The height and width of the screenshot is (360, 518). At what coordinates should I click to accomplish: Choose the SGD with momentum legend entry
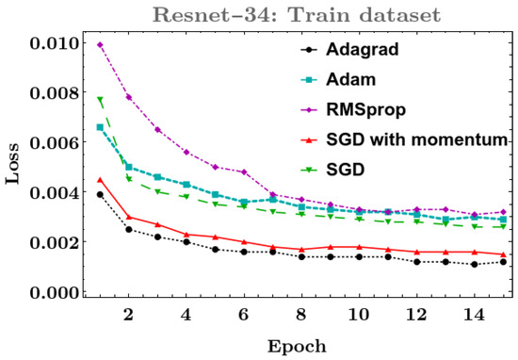click(x=414, y=140)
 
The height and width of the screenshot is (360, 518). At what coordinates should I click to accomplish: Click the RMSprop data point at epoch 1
click(x=100, y=44)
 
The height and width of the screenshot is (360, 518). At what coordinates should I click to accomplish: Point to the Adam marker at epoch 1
click(x=100, y=126)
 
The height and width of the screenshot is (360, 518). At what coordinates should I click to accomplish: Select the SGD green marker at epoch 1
click(x=100, y=100)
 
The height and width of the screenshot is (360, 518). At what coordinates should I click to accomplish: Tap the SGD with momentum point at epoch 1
click(x=100, y=180)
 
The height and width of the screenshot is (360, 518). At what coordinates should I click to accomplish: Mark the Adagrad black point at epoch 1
click(x=100, y=194)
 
